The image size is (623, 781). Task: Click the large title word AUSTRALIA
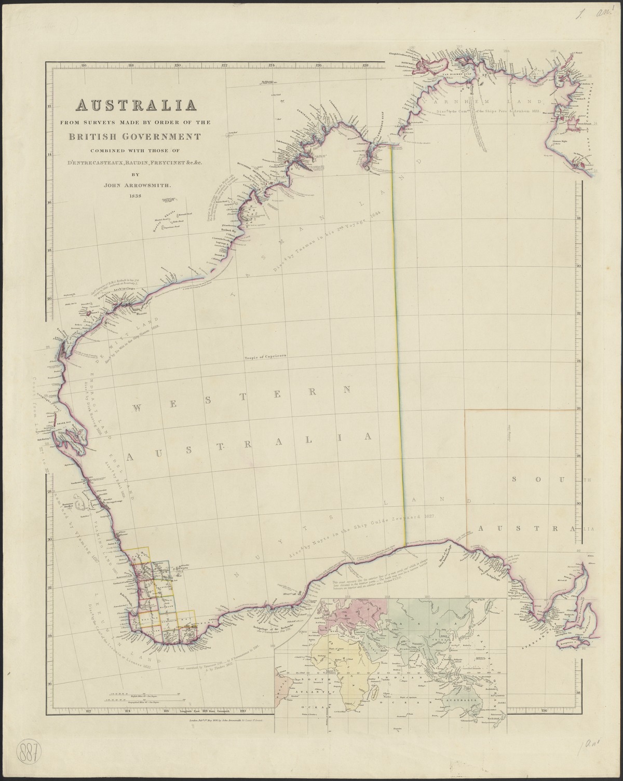pyautogui.click(x=136, y=105)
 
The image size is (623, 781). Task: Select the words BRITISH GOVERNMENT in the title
pyautogui.click(x=136, y=137)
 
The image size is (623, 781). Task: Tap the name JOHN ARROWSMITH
pyautogui.click(x=136, y=184)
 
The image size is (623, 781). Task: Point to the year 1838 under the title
pyautogui.click(x=136, y=196)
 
